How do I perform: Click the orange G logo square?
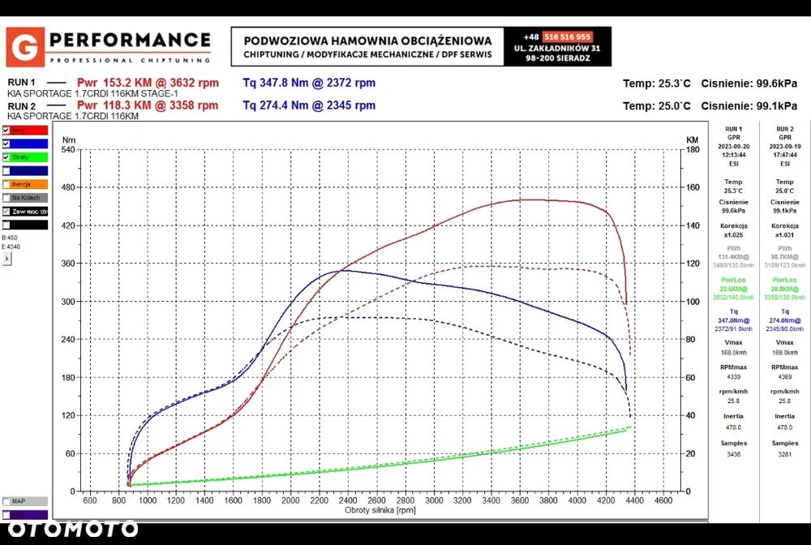(25, 47)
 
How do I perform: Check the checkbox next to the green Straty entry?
(6, 157)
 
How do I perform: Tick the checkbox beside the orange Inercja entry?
(6, 184)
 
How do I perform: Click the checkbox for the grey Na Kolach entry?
(6, 197)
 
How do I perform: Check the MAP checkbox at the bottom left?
(6, 501)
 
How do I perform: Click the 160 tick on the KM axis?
(692, 187)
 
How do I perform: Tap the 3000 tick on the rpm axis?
(434, 500)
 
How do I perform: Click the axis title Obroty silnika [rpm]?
(380, 510)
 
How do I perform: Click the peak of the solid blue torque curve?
(339, 270)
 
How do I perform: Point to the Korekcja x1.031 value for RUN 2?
(784, 234)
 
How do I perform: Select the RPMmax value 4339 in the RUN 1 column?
(733, 376)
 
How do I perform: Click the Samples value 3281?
(784, 453)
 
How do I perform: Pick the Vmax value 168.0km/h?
(733, 352)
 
